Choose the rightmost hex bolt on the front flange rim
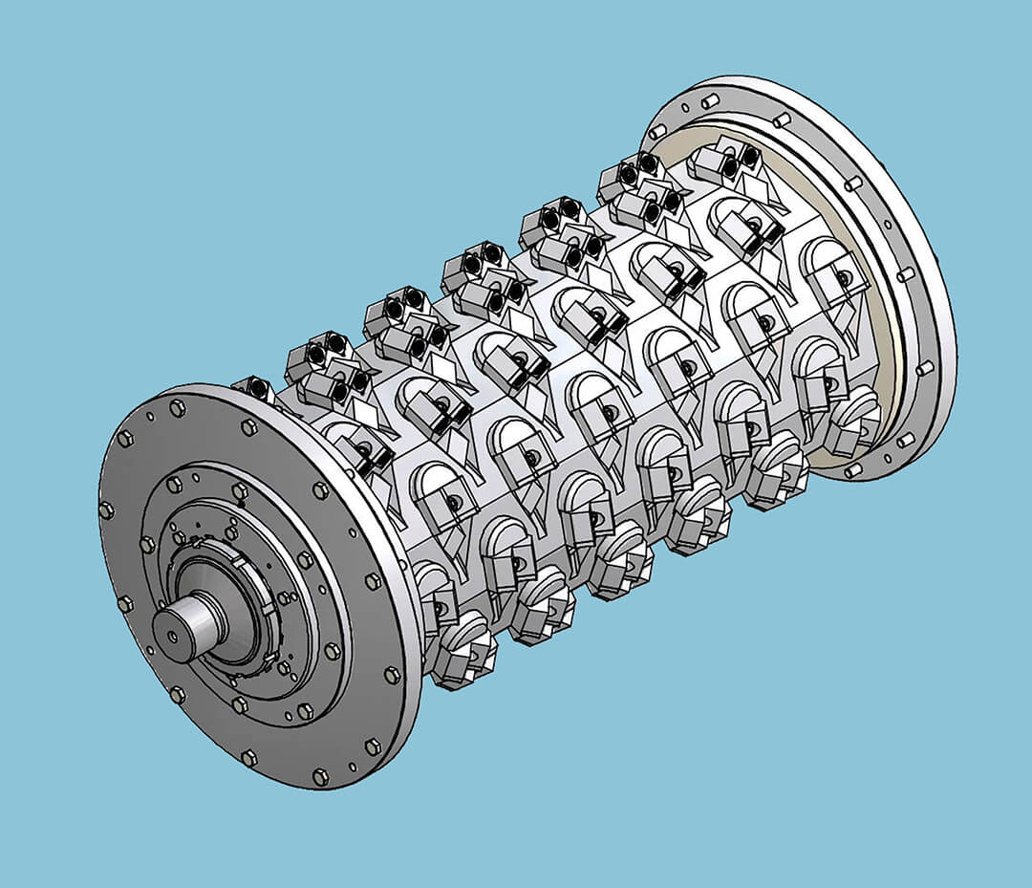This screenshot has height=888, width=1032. tap(393, 675)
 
